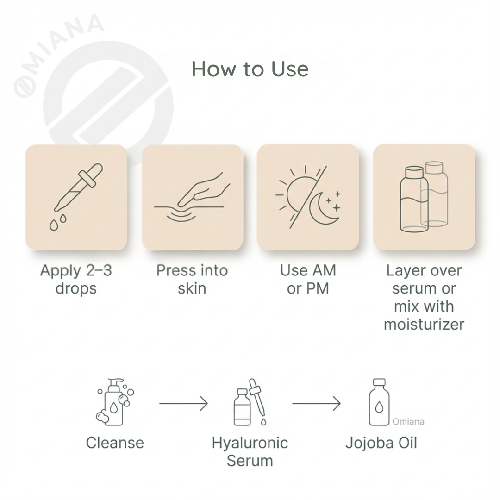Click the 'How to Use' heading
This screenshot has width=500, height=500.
click(x=250, y=69)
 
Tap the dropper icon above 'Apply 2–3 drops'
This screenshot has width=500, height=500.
click(x=79, y=187)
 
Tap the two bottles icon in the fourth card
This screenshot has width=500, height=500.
click(x=424, y=197)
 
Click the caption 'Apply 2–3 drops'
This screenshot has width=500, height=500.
click(x=76, y=279)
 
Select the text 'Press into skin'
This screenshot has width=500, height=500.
click(x=192, y=279)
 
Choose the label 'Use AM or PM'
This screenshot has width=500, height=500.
click(x=308, y=279)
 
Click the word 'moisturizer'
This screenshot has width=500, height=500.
click(x=424, y=324)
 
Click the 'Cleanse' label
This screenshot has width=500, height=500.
click(x=115, y=443)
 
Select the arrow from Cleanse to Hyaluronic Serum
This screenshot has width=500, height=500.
click(x=183, y=403)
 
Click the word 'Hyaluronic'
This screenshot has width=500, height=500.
click(x=250, y=443)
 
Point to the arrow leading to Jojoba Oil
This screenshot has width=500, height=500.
click(x=316, y=403)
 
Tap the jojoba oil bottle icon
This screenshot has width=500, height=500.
click(x=379, y=402)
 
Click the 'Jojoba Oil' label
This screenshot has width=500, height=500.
click(x=381, y=443)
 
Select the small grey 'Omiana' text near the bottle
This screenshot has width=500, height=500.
click(x=408, y=422)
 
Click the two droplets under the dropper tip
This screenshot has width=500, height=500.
click(x=58, y=222)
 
